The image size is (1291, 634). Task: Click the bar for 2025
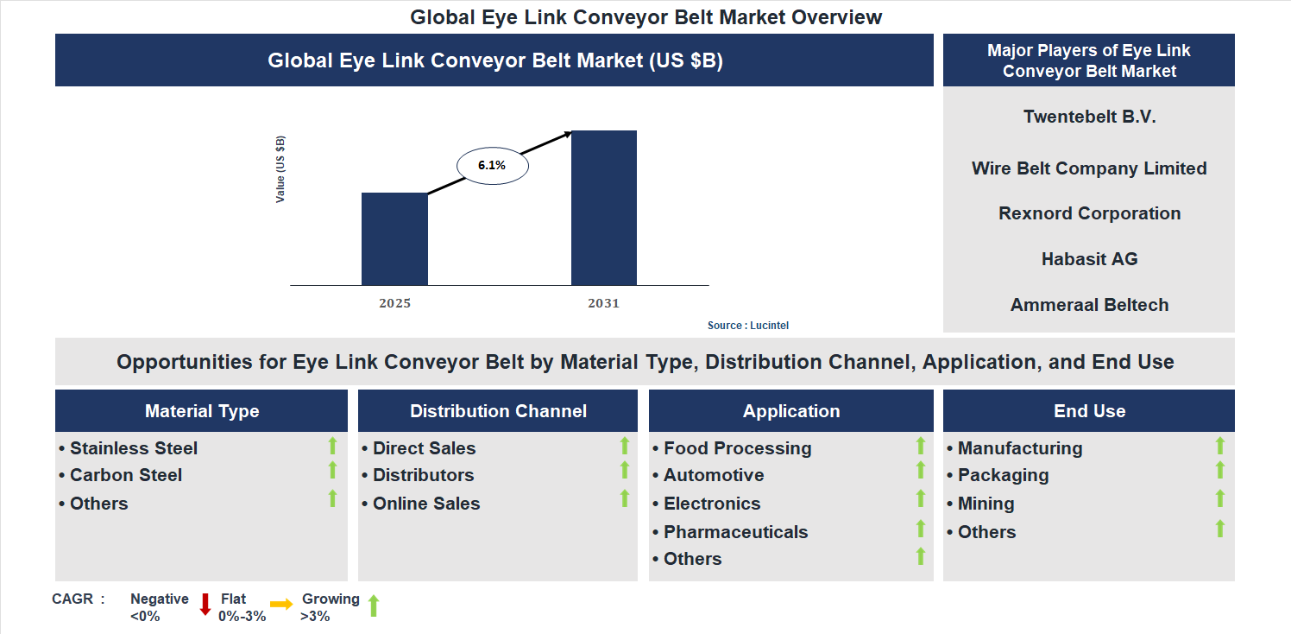point(394,238)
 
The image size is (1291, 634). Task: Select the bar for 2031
point(604,207)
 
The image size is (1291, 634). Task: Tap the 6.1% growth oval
point(492,165)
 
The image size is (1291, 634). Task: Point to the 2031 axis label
point(603,303)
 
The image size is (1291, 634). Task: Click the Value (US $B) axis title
point(280,169)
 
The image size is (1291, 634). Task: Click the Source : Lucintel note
point(748,326)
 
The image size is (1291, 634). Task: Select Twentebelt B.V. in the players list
point(1089,117)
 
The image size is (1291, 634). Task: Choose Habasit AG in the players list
point(1089,259)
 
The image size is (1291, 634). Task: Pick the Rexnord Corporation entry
point(1089,213)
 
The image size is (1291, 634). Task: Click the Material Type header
point(202,411)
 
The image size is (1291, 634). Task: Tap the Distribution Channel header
point(498,411)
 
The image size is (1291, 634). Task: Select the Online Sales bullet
point(425,504)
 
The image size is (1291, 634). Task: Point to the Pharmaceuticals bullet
point(735,532)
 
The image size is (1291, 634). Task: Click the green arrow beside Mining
point(1220,498)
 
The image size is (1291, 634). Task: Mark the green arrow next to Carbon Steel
point(332,470)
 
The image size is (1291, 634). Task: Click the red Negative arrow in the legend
point(205,604)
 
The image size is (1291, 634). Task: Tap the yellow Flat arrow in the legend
point(281,605)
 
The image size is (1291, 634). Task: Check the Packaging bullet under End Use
point(1003,475)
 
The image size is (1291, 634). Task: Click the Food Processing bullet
point(737,448)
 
